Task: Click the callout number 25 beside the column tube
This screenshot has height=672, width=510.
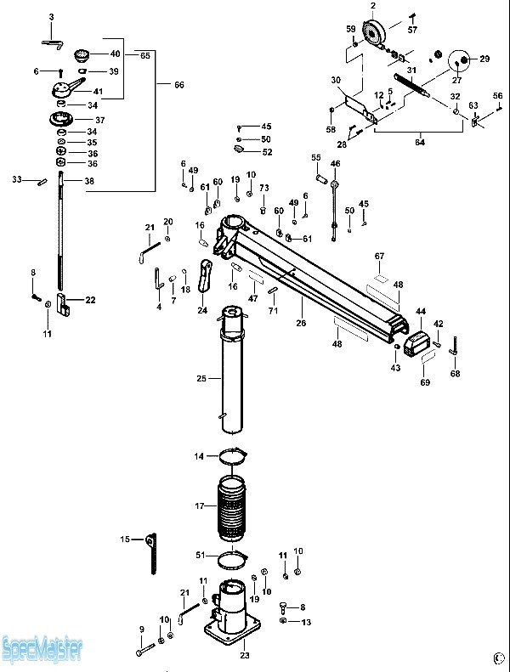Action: coord(201,377)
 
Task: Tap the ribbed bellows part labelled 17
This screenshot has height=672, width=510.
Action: coord(232,512)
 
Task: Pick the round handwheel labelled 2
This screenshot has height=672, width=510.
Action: coord(373,36)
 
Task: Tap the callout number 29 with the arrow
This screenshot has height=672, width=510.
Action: coord(484,59)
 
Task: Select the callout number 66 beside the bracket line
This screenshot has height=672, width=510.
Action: coord(178,84)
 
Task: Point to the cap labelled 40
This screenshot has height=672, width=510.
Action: coord(83,55)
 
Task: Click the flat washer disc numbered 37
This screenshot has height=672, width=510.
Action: coord(65,118)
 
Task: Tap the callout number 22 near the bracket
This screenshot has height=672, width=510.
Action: coord(90,300)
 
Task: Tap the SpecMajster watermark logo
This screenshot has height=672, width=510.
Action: coord(42,652)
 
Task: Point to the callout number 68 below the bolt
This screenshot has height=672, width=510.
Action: coord(455,374)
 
